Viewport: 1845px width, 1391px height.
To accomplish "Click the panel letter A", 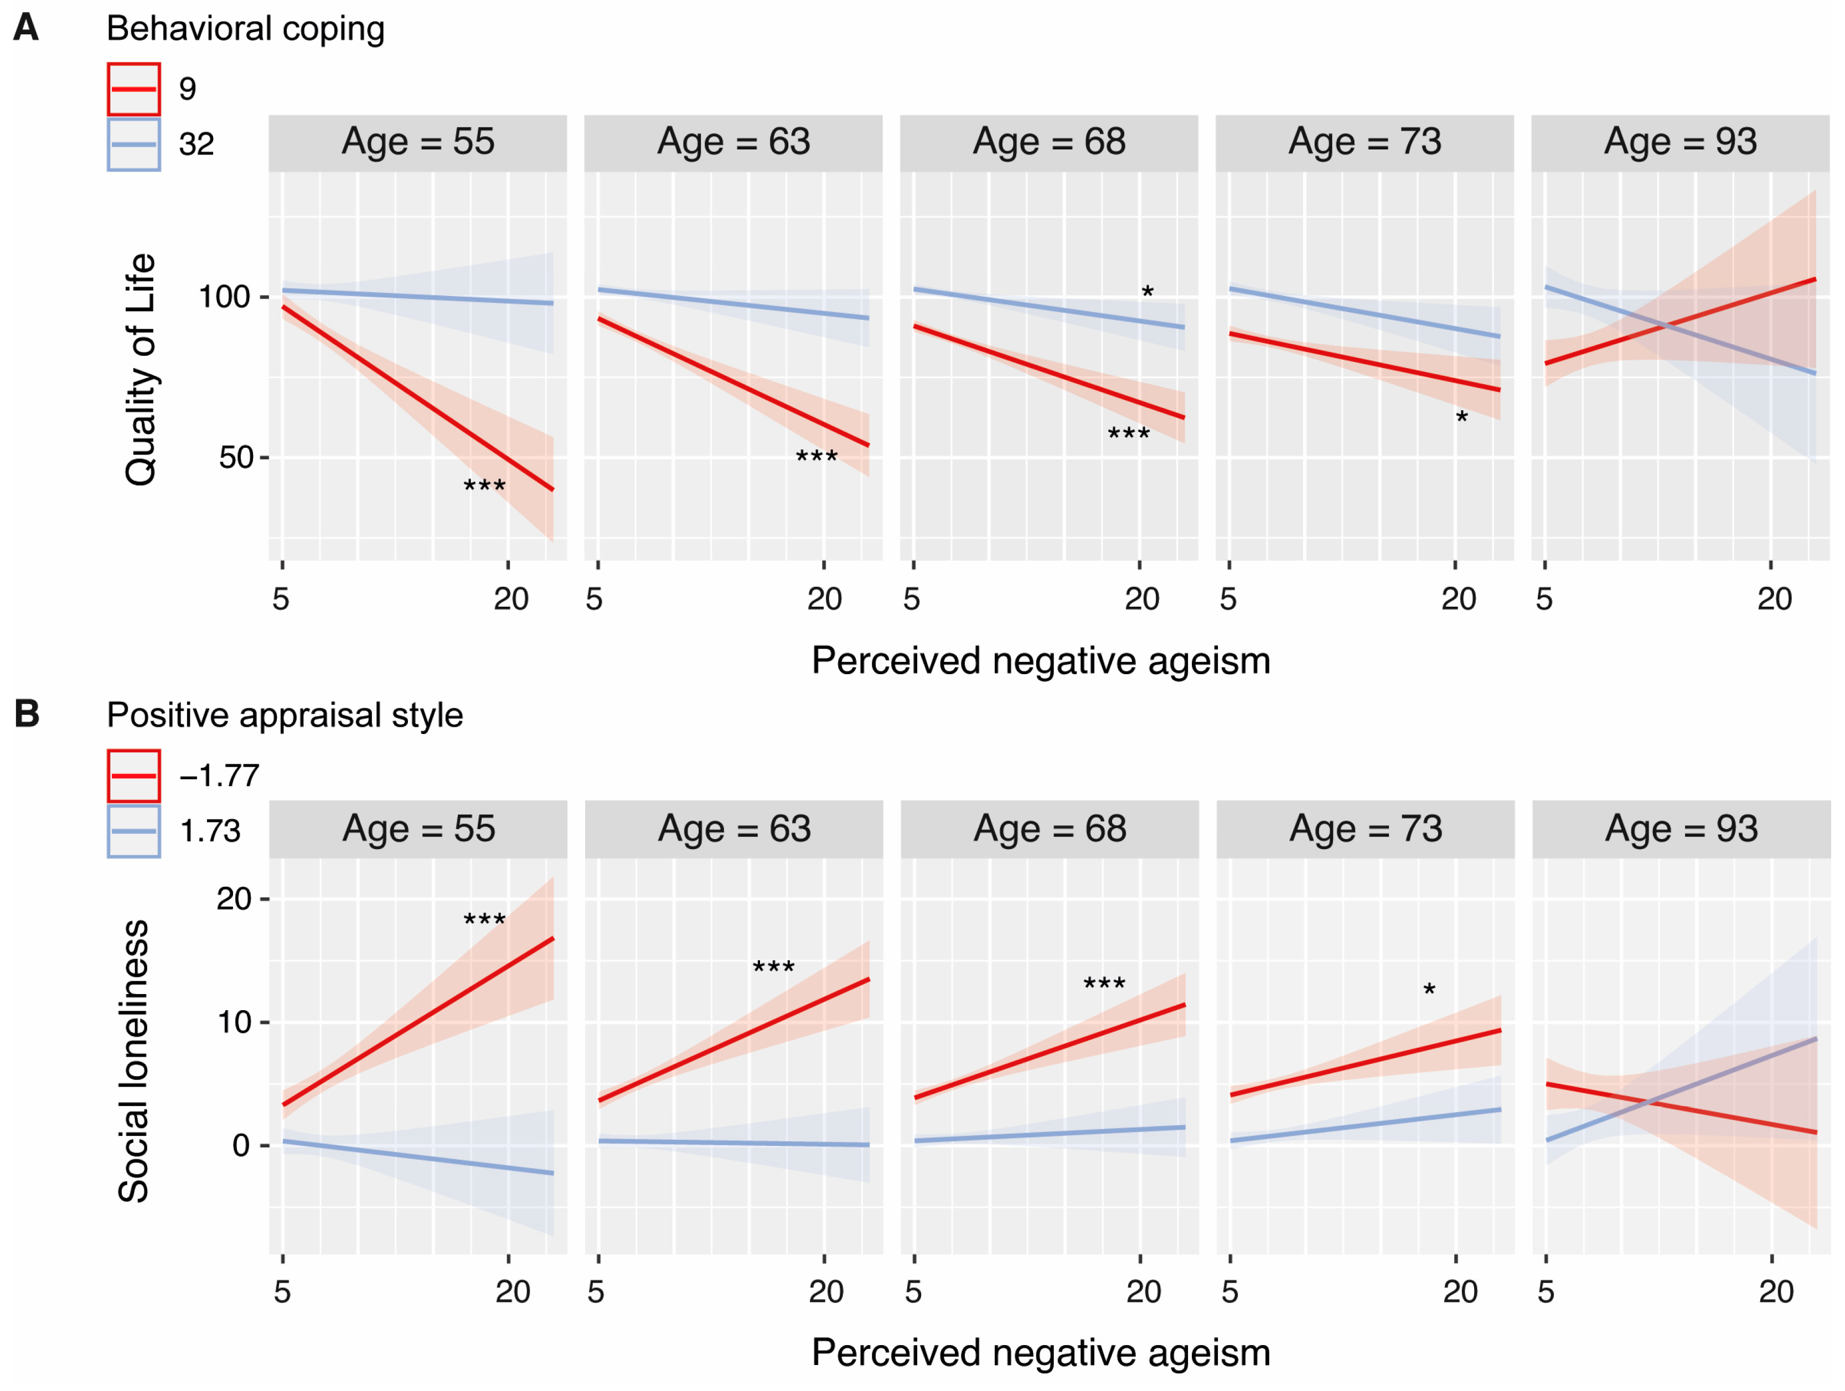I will click(26, 28).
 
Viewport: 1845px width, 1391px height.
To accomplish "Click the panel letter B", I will click(27, 714).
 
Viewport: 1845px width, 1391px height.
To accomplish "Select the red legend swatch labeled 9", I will click(133, 89).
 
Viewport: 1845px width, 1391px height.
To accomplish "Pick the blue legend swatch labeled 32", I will click(133, 144).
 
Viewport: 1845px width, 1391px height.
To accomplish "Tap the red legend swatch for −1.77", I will click(133, 775).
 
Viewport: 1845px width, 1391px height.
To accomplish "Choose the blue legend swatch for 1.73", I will click(133, 831).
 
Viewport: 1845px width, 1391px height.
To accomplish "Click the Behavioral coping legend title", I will click(245, 28).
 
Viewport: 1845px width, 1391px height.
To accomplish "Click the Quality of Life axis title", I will click(140, 369).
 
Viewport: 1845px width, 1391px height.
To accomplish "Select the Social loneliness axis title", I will click(133, 1061).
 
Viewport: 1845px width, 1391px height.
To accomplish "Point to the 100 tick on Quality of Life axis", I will click(224, 297).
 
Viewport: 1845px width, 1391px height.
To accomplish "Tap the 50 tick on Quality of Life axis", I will click(235, 458).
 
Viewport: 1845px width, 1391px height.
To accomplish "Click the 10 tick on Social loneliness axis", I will click(234, 1022).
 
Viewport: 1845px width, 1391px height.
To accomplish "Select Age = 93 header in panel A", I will click(1680, 142).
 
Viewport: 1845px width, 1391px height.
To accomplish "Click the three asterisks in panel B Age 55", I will click(484, 921).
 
